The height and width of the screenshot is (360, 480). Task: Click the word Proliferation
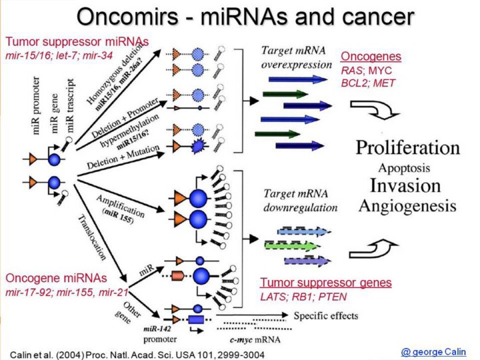click(x=407, y=147)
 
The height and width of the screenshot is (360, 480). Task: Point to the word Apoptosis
click(x=407, y=167)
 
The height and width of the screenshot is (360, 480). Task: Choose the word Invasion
click(x=407, y=185)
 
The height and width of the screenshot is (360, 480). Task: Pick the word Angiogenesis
click(x=407, y=205)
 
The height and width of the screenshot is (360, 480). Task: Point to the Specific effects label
click(x=326, y=315)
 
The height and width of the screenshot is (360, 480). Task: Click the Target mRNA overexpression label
click(x=296, y=58)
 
